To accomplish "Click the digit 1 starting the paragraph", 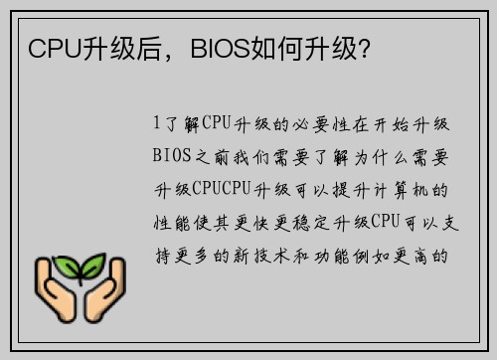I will tap(157, 123).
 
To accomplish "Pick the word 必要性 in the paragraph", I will tap(326, 123).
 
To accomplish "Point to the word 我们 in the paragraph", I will tap(251, 156).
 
